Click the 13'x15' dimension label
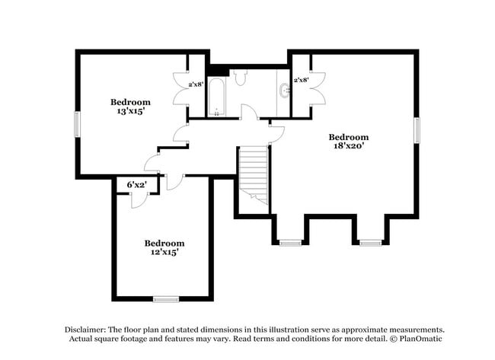(130, 112)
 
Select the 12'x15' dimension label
(164, 252)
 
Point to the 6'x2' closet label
(136, 185)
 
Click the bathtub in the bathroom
(216, 98)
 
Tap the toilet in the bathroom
(241, 77)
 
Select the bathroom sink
(285, 91)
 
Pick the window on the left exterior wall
(76, 124)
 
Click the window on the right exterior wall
(417, 129)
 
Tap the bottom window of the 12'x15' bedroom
(165, 299)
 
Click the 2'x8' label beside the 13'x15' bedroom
(196, 84)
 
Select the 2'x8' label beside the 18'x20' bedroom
(301, 80)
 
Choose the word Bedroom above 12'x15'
(164, 243)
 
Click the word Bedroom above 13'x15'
(130, 102)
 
